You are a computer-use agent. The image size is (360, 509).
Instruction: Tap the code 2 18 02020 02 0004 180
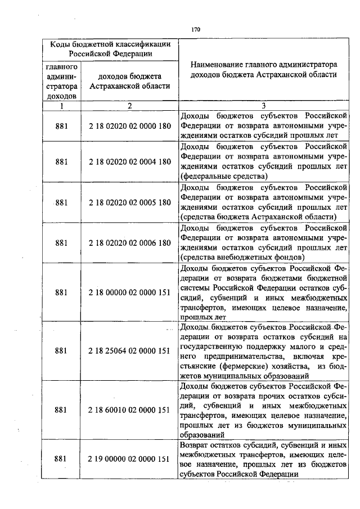pos(129,162)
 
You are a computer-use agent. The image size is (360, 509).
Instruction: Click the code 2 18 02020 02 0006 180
pos(129,243)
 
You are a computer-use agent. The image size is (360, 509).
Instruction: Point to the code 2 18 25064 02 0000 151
pos(129,351)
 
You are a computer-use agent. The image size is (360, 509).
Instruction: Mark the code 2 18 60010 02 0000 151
pos(129,410)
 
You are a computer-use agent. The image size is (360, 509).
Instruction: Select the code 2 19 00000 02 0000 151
pos(129,459)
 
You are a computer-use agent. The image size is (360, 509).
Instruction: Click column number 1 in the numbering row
pos(62,105)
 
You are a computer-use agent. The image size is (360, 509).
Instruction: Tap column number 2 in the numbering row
pos(129,105)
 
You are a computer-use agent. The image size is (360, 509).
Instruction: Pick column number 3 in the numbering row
pos(263,105)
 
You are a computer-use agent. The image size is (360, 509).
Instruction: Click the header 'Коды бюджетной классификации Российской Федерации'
pos(110,48)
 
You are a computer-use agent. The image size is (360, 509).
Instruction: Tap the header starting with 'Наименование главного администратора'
pos(263,70)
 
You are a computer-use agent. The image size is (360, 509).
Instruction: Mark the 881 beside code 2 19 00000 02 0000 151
pos(62,459)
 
